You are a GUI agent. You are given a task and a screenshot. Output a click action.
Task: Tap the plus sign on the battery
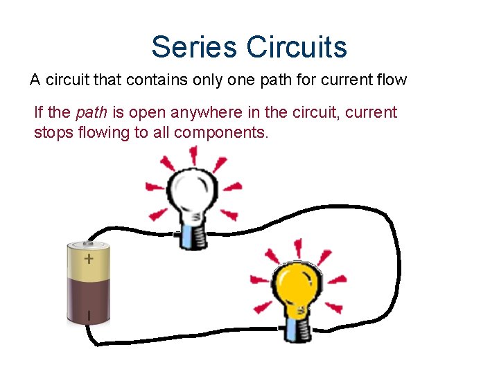point(89,259)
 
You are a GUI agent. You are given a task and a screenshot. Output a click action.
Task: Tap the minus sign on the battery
point(89,316)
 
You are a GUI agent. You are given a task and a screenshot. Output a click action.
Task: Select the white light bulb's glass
point(195,190)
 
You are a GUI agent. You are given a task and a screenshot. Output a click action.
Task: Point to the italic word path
point(89,113)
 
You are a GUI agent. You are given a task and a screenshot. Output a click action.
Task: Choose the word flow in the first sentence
point(390,80)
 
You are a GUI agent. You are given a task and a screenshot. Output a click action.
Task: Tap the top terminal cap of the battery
point(88,244)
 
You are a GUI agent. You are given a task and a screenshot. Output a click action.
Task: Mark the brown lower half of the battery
point(89,301)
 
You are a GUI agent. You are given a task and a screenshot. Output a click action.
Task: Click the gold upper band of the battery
point(89,263)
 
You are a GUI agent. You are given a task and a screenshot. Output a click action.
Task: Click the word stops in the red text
point(53,132)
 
